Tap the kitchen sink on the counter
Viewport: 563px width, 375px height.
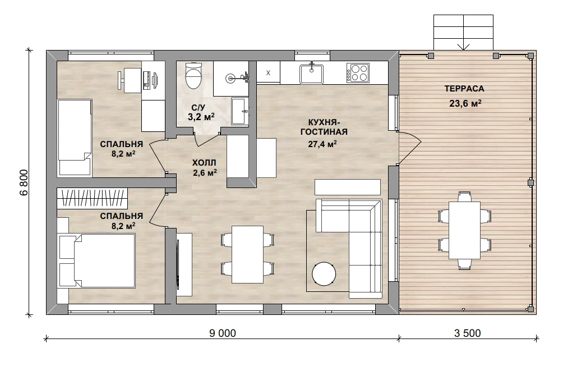(x=311, y=74)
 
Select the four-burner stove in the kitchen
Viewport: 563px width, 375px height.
(x=358, y=73)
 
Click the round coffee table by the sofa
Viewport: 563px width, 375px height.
(x=324, y=274)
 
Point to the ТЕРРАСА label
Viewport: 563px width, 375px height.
(x=464, y=89)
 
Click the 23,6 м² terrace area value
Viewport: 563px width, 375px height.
(x=465, y=103)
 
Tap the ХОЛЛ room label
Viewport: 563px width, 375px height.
(x=204, y=162)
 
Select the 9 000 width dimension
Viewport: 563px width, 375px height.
(x=223, y=333)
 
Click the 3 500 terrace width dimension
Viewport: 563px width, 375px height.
(x=467, y=333)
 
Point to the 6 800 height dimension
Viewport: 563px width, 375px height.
(x=24, y=182)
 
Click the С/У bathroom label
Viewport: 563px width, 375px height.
(x=198, y=107)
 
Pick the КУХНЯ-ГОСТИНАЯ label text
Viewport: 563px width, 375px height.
(x=324, y=127)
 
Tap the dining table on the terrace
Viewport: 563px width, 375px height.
(x=464, y=230)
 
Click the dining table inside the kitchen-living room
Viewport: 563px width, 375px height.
(x=247, y=254)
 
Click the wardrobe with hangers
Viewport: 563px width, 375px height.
(x=93, y=198)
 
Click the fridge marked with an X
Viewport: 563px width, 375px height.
(x=268, y=72)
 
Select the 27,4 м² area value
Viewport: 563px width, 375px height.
(x=322, y=144)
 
